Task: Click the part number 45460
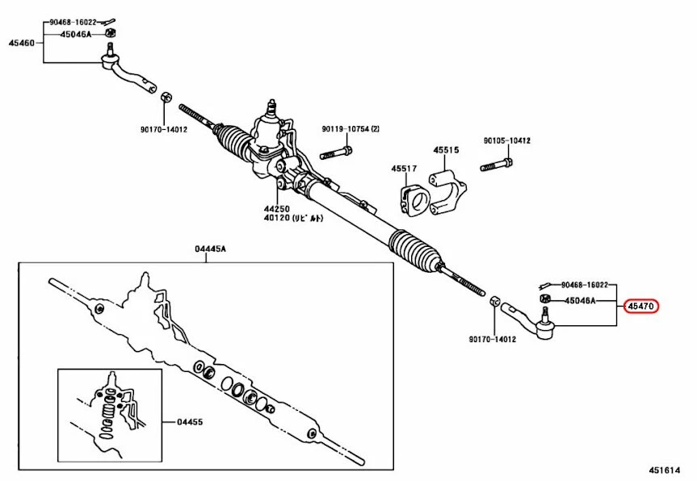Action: tap(22, 43)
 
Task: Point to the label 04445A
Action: tap(211, 249)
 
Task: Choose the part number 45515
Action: tap(445, 151)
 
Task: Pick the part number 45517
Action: tap(405, 169)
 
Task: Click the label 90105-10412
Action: tap(507, 140)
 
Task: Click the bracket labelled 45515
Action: tap(449, 190)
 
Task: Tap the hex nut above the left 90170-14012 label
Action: tap(166, 96)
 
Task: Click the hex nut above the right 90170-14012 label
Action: tap(495, 303)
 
